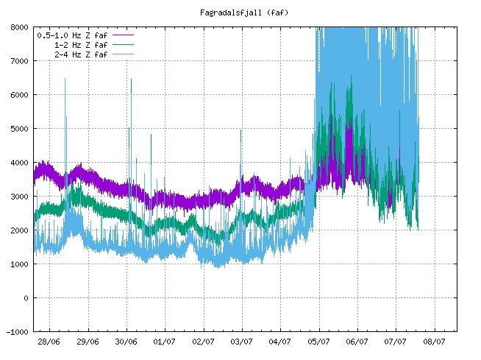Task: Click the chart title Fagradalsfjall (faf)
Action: [x=240, y=13]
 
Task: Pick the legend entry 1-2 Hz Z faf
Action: [x=81, y=44]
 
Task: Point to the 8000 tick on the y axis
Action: [x=18, y=27]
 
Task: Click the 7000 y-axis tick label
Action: [x=18, y=61]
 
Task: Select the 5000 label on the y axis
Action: [x=18, y=129]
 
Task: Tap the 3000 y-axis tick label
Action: [x=18, y=197]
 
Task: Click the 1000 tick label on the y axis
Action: [x=18, y=264]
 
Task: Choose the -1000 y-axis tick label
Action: [x=16, y=332]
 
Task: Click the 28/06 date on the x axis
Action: [x=49, y=342]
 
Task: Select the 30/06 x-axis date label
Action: [x=126, y=342]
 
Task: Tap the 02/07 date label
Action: [x=203, y=342]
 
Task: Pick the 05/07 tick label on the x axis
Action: [x=318, y=342]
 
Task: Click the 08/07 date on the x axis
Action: [x=433, y=342]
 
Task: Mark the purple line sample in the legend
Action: [x=122, y=35]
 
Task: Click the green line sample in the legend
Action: [x=122, y=44]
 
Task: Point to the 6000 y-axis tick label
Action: [x=18, y=95]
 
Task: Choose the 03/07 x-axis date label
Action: [x=241, y=342]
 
